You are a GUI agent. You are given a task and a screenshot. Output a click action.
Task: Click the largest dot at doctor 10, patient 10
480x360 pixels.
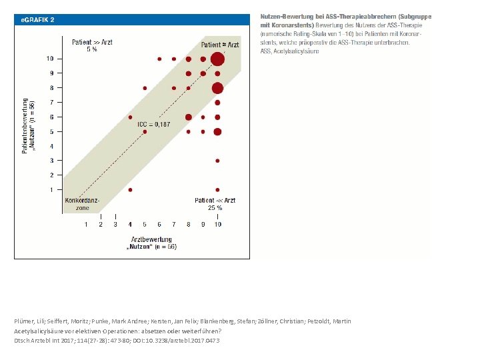[217, 59]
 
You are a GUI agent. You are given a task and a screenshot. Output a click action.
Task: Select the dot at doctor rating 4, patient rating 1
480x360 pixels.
[130, 189]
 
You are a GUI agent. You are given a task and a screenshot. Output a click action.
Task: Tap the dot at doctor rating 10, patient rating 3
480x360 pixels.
[217, 161]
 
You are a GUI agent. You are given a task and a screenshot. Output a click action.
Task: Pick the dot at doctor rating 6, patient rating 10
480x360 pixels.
[159, 59]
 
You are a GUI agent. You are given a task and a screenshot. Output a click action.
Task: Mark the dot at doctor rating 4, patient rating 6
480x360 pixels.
[130, 117]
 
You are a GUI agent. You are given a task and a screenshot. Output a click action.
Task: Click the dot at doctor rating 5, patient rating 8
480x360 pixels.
[145, 88]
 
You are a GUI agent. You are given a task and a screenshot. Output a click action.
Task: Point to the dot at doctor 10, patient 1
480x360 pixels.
[217, 189]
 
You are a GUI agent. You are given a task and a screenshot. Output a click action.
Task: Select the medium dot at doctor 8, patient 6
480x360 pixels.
[189, 117]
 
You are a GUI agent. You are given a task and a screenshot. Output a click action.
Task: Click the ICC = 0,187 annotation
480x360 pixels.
[153, 125]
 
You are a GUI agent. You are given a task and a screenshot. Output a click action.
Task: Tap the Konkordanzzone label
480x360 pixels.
[82, 204]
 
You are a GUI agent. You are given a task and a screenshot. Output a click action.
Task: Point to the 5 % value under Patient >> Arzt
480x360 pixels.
[92, 49]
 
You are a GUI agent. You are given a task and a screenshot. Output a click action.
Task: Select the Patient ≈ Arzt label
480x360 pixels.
[220, 45]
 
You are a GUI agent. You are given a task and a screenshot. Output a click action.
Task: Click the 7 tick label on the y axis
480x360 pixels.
[51, 103]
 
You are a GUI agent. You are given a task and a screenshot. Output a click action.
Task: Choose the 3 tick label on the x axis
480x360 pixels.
[115, 225]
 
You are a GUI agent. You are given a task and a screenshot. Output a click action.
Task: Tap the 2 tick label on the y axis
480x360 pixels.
[51, 175]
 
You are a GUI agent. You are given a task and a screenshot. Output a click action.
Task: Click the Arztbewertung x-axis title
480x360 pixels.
[151, 239]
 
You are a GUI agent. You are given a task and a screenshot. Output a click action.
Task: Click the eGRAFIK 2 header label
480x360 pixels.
[37, 19]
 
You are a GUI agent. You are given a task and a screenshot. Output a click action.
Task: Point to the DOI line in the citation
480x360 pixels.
[117, 341]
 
